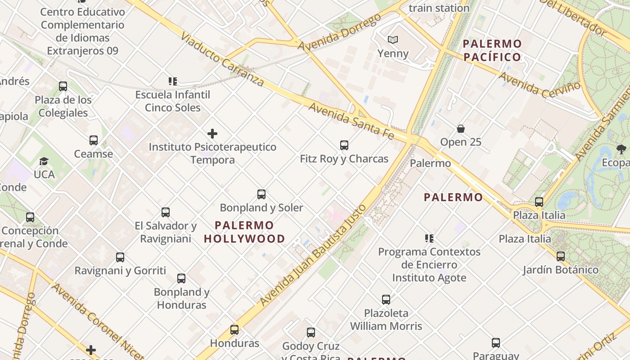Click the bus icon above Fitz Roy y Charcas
tap(344, 145)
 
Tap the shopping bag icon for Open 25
tap(461, 129)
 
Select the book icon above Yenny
tap(393, 40)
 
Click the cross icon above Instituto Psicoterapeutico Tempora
tap(212, 134)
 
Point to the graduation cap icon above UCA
tap(44, 161)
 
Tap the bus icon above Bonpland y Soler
tap(261, 194)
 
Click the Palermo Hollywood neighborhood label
tap(244, 232)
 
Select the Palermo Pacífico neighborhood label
tap(492, 50)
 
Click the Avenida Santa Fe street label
tap(351, 121)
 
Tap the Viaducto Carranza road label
tap(222, 59)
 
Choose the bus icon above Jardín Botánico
tap(560, 256)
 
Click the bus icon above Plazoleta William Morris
tap(386, 300)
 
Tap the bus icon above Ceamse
tap(94, 140)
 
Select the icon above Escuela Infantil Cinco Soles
tap(173, 81)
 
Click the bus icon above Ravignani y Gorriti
tap(120, 257)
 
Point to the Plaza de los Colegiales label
tap(63, 106)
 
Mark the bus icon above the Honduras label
tap(234, 330)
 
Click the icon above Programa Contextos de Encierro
tap(429, 238)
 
